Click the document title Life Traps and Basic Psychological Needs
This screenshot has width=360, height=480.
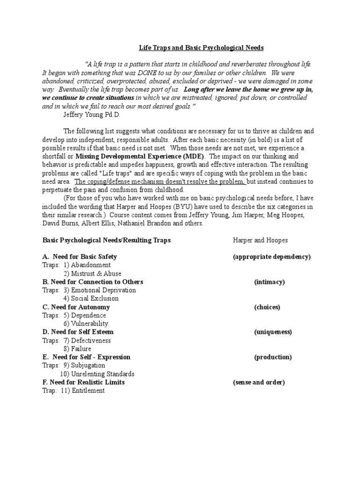coord(201,48)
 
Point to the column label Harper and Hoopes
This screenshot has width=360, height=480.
coord(260,240)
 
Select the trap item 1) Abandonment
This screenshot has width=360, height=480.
coord(87,265)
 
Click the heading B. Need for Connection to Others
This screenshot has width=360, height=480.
coord(93,282)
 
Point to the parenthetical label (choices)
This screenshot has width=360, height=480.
coord(267,307)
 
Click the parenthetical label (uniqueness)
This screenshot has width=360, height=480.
coord(273,332)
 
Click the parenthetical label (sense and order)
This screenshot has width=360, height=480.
coord(259,382)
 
